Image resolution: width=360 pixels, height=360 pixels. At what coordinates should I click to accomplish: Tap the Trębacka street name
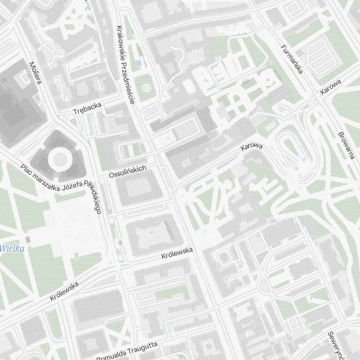pos(87,109)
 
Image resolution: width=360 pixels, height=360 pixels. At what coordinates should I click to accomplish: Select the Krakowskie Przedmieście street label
pos(125,65)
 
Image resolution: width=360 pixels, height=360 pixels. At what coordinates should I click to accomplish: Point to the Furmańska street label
pos(291,59)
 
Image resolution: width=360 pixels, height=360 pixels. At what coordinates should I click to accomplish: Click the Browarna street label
pos(346,145)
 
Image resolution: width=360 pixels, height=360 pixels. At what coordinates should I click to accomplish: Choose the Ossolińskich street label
pos(128,171)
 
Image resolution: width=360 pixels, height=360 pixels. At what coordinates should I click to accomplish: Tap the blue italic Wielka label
pos(12,248)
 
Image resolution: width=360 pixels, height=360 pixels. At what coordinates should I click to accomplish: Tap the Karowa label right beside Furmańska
pos(330,87)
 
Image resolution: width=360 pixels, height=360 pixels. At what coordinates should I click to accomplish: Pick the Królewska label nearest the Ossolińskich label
pos(177,254)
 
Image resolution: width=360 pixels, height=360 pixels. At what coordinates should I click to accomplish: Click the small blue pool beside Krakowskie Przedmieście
pos(138,63)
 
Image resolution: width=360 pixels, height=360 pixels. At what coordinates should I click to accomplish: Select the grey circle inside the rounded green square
pos(146,87)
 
